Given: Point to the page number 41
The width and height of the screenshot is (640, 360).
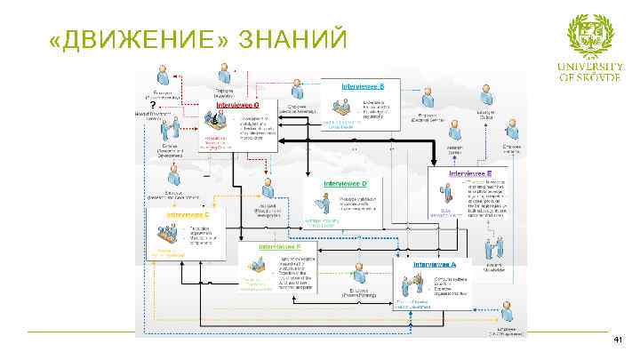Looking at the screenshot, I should click(x=619, y=341).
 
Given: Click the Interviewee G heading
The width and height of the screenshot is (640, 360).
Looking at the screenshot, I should click(x=237, y=104).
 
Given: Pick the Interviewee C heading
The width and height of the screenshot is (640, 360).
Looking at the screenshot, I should click(x=187, y=214).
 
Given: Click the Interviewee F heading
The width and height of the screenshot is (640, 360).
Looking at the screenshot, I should click(x=279, y=246).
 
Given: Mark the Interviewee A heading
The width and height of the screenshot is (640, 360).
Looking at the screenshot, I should click(x=435, y=264).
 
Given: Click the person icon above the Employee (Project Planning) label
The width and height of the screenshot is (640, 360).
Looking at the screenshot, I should click(x=358, y=273).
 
